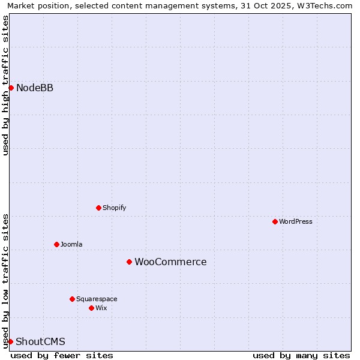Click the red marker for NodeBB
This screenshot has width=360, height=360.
(x=11, y=88)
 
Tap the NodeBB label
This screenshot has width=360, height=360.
(x=35, y=88)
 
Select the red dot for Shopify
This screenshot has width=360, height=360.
(x=98, y=208)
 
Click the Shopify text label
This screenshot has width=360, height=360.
(x=114, y=208)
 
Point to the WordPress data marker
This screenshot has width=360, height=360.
(x=275, y=222)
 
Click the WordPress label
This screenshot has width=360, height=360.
(x=296, y=222)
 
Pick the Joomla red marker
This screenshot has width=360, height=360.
(x=56, y=245)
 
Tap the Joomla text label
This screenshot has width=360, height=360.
(x=71, y=245)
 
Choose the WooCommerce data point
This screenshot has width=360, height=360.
(x=129, y=262)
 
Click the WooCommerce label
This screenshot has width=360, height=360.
(x=170, y=262)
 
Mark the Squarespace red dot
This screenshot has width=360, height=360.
(x=72, y=299)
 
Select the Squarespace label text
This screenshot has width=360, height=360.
(x=97, y=299)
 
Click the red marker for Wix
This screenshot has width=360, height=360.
(x=91, y=308)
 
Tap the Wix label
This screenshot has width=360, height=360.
(x=101, y=308)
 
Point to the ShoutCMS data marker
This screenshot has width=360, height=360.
(x=10, y=342)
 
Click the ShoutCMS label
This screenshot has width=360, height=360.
(x=40, y=342)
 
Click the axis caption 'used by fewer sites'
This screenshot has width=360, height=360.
(x=62, y=356)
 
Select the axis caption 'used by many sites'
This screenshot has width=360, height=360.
(x=301, y=356)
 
